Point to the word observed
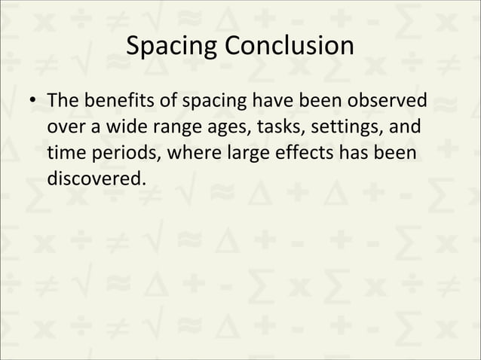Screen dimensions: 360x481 point(387,100)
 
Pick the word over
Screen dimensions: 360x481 point(64,127)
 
